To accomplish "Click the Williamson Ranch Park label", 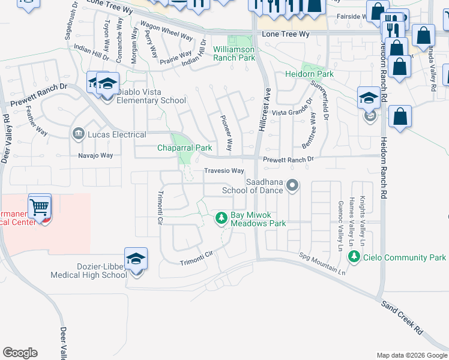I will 234,53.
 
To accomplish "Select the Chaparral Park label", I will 185,148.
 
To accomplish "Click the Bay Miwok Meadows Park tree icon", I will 222,217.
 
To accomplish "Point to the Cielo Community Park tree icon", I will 354,257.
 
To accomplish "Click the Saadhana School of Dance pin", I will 292,185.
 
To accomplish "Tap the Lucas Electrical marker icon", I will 77,134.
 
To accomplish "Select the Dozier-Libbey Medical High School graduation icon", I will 136,259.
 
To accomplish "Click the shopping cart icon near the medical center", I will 40,207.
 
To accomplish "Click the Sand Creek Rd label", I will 403,316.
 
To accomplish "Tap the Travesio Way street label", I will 224,171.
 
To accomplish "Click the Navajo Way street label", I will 96,155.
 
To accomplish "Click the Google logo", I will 20,353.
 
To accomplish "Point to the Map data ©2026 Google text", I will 411,355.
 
